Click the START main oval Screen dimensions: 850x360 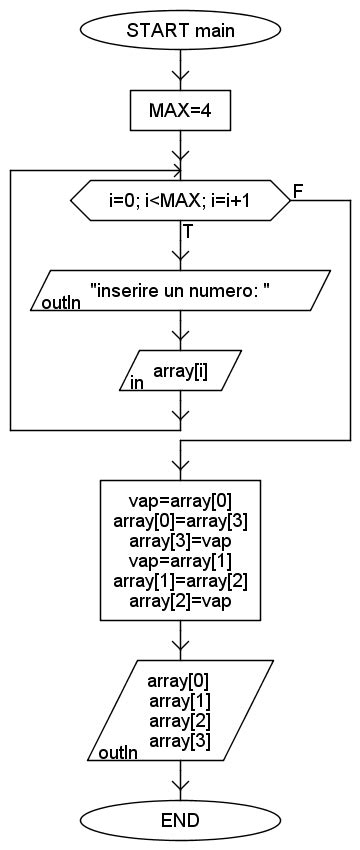(180, 30)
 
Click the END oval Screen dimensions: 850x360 (180, 820)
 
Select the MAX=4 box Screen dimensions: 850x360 (180, 110)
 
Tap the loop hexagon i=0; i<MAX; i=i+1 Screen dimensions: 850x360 (180, 200)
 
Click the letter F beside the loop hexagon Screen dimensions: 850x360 (298, 190)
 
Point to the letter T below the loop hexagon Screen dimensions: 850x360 (188, 231)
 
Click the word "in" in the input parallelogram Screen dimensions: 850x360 (137, 383)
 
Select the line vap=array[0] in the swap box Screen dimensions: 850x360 (180, 498)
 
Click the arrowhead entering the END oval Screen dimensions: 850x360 (180, 791)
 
